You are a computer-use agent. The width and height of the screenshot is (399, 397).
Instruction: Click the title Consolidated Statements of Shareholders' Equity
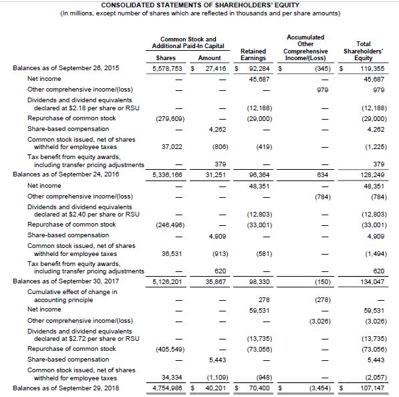coord(198,5)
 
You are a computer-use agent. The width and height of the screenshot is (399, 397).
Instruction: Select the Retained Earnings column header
coord(253,54)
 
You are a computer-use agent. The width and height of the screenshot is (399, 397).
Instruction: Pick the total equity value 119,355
coord(367,68)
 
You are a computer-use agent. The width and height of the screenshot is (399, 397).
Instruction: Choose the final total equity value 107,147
coord(367,388)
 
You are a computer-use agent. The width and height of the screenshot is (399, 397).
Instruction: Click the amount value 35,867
coord(215,283)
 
